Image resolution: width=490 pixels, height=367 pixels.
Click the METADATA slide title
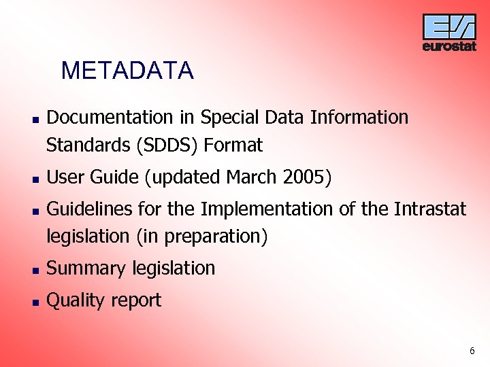click(x=127, y=71)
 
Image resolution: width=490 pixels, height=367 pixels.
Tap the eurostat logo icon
click(x=449, y=27)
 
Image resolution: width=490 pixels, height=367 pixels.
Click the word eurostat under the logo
click(x=449, y=47)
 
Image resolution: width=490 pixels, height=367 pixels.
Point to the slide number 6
click(x=472, y=351)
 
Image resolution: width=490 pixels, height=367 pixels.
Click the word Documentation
click(x=110, y=118)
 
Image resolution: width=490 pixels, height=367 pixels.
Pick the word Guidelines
click(x=89, y=209)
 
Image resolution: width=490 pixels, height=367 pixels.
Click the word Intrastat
click(x=430, y=209)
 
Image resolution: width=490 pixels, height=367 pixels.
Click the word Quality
click(x=75, y=300)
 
